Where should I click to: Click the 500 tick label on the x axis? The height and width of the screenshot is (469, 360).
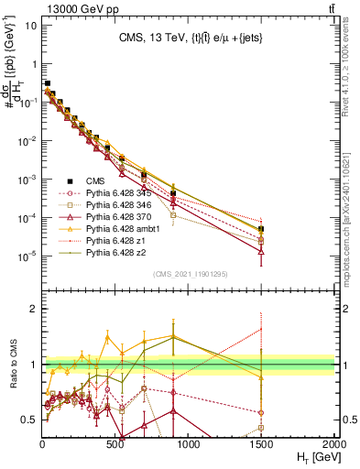click(x=115, y=442)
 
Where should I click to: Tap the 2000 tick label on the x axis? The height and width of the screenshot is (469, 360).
click(x=334, y=442)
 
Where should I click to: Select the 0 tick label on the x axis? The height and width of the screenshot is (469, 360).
click(x=43, y=442)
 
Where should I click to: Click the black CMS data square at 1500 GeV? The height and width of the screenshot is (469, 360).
click(x=262, y=229)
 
